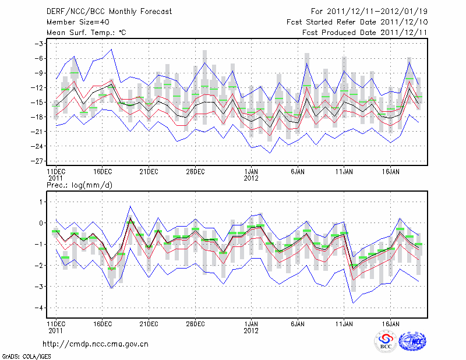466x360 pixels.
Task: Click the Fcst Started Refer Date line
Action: pyautogui.click(x=357, y=22)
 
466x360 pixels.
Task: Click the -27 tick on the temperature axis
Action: pyautogui.click(x=38, y=161)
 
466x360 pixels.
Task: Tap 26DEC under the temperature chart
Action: pyautogui.click(x=195, y=171)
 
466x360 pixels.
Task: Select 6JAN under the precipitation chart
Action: pyautogui.click(x=298, y=323)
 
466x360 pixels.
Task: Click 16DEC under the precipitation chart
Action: pyautogui.click(x=102, y=323)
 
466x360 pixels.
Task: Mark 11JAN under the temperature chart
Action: pyautogui.click(x=344, y=171)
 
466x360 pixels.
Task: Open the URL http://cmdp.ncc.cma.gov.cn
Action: pyautogui.click(x=96, y=344)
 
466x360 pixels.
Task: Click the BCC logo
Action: pyautogui.click(x=385, y=342)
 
